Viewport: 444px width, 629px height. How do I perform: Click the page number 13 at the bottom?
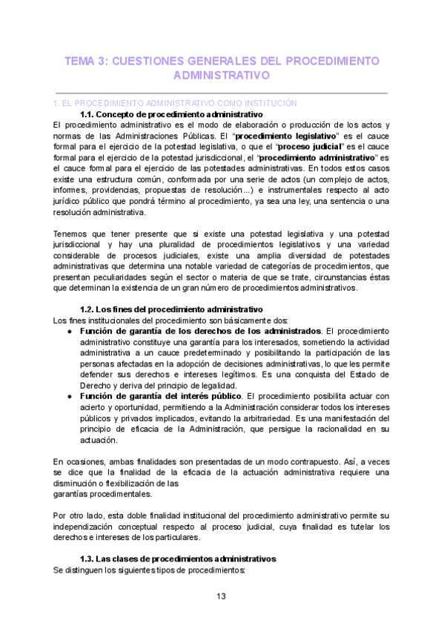[x=221, y=596]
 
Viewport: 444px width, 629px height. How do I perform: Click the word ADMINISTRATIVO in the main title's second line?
[x=221, y=76]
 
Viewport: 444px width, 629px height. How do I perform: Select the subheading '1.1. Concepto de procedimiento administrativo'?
[x=170, y=115]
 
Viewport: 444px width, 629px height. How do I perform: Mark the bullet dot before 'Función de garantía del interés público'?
[x=68, y=397]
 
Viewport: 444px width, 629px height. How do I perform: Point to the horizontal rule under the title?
[x=221, y=93]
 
